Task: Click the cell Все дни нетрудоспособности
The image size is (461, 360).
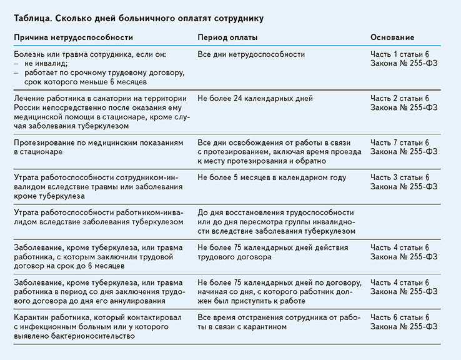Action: [x=251, y=54]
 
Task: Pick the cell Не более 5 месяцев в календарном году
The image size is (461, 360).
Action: [x=272, y=177]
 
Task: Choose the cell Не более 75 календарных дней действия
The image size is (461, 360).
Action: [x=279, y=252]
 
